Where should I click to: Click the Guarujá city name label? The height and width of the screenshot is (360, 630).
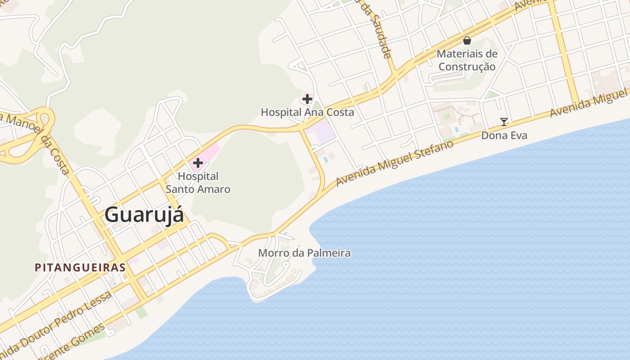click(x=144, y=215)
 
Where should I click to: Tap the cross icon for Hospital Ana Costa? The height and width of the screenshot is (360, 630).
click(x=307, y=99)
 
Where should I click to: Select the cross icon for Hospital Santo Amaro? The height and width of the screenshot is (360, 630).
click(x=198, y=163)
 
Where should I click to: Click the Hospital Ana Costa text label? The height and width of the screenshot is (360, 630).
click(x=307, y=112)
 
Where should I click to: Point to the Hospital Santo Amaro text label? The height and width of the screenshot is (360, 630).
click(x=198, y=182)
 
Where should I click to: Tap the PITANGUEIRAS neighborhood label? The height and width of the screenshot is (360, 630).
click(x=80, y=267)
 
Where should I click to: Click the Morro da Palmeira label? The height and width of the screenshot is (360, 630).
click(x=304, y=253)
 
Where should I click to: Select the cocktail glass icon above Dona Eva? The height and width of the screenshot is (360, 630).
click(x=504, y=121)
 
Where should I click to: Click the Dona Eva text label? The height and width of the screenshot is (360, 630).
click(x=504, y=135)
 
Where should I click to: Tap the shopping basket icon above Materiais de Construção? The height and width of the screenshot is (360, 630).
click(x=467, y=40)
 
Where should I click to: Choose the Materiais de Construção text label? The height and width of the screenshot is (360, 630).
click(x=467, y=60)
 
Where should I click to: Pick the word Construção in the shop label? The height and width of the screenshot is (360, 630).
click(x=467, y=67)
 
